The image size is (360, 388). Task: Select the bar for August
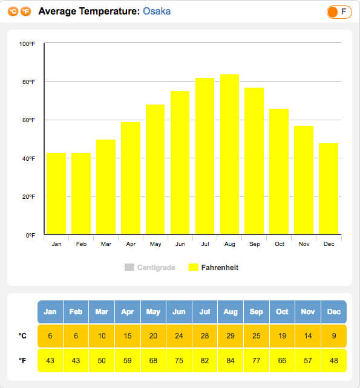tap(230, 154)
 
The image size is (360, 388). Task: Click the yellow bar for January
tap(56, 193)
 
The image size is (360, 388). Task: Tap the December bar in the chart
tap(329, 189)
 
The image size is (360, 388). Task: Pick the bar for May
tap(155, 169)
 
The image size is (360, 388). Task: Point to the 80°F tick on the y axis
tap(29, 82)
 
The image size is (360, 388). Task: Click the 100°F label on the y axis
tap(27, 44)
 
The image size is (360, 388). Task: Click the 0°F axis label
tap(30, 235)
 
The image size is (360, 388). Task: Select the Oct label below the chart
tap(280, 244)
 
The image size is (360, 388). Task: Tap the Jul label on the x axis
tap(205, 244)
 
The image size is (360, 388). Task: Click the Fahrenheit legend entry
tap(214, 268)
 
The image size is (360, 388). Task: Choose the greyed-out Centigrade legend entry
tap(150, 268)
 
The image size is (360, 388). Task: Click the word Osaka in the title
tap(157, 11)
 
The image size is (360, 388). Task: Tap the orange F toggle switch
tap(339, 11)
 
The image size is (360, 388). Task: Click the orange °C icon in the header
tap(13, 11)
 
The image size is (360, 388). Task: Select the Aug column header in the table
tap(231, 312)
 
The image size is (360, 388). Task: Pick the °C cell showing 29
tap(231, 336)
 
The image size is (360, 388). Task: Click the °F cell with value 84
tap(231, 361)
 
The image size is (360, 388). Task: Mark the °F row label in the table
tap(22, 361)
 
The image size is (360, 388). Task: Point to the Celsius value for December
tap(334, 336)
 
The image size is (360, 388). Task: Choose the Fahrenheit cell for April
tap(128, 361)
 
